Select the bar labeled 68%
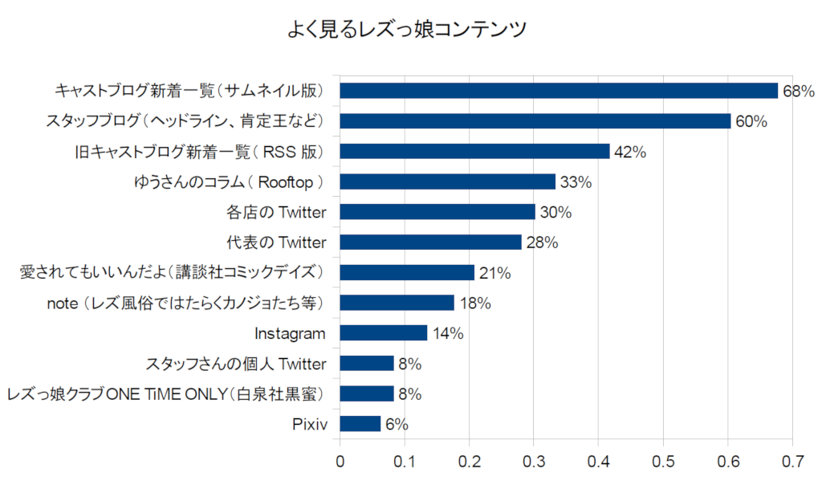click(559, 90)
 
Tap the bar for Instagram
click(384, 333)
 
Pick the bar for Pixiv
click(360, 424)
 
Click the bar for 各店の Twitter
click(437, 212)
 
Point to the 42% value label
click(629, 152)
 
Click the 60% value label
click(751, 121)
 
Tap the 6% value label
click(397, 424)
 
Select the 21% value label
click(494, 273)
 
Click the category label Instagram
click(291, 333)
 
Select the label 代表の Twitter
click(278, 242)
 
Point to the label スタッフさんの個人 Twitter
click(236, 364)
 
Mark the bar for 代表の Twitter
click(430, 242)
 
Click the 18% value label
click(474, 304)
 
